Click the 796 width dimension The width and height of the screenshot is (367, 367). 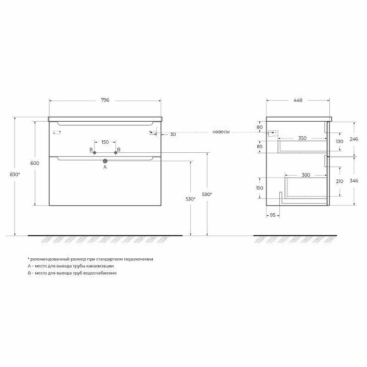click(105, 100)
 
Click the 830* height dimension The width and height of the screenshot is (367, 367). click(15, 174)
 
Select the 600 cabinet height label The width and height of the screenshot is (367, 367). click(35, 163)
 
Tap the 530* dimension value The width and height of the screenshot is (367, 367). click(190, 199)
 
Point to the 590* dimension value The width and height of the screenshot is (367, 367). click(207, 194)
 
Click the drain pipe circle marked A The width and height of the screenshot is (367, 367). click(105, 161)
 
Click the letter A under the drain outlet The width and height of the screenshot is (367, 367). click(105, 167)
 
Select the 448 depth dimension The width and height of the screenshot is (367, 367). click(298, 100)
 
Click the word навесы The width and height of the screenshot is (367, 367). click(221, 132)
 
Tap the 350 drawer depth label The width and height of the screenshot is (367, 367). click(302, 138)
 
